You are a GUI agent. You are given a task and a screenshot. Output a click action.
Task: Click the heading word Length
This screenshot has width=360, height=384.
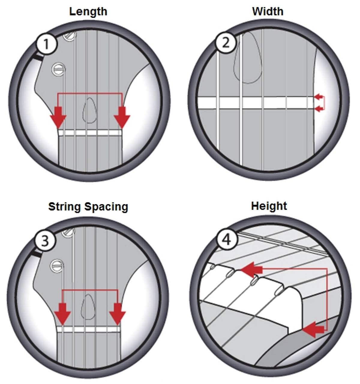coord(88,12)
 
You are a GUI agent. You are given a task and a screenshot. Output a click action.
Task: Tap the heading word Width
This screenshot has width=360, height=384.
coord(268,11)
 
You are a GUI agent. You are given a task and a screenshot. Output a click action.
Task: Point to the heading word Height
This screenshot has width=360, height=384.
coord(269,206)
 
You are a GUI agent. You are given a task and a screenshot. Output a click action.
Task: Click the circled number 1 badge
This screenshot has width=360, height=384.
coord(46,44)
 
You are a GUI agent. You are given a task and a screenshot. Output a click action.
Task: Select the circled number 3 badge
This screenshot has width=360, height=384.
coord(45,241)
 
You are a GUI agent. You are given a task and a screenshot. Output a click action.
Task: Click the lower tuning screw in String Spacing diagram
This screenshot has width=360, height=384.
coord(57,265)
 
